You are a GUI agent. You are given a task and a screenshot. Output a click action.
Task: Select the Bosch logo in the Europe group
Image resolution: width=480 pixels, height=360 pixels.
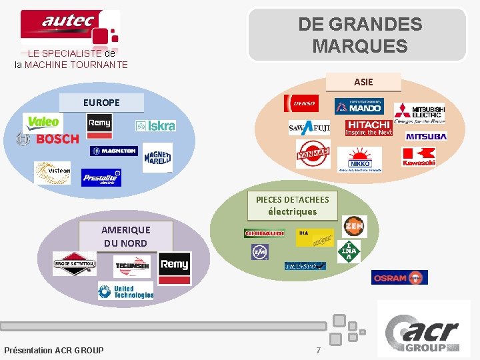click(x=48, y=139)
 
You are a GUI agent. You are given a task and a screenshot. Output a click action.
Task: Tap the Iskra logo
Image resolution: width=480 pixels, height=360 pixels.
click(x=155, y=125)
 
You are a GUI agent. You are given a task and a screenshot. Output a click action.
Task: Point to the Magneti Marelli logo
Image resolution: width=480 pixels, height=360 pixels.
click(x=157, y=157)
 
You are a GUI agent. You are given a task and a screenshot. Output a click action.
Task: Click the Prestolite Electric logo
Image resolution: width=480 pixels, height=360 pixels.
click(x=101, y=177)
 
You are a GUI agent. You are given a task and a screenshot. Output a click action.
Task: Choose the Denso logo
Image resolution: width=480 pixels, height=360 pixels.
click(x=301, y=103)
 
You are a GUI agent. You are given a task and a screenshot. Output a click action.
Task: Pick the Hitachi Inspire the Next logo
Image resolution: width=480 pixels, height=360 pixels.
click(x=368, y=128)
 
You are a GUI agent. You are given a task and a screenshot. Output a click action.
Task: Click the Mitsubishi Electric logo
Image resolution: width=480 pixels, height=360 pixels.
click(x=419, y=111)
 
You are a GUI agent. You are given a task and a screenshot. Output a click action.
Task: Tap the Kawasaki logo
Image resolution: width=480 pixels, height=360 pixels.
click(x=419, y=157)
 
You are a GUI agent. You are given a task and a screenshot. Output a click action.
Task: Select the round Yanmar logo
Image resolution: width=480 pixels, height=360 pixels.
click(x=313, y=154)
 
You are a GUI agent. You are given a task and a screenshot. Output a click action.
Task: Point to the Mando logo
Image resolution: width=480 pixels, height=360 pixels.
click(x=358, y=106)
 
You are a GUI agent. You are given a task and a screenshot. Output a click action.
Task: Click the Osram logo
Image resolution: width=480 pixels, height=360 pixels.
click(x=399, y=277)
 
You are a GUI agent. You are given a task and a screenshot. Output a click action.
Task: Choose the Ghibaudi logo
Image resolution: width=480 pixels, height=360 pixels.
click(x=265, y=233)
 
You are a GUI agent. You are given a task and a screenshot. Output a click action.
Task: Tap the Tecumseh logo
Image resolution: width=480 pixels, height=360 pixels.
click(x=132, y=266)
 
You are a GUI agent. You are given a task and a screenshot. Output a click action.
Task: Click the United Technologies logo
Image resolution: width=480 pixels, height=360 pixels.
click(x=125, y=291)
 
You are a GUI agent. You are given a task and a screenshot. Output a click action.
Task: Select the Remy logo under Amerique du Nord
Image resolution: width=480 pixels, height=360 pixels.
click(x=175, y=264)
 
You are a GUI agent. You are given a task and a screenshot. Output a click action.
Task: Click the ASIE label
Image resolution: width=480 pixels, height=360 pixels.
click(x=363, y=82)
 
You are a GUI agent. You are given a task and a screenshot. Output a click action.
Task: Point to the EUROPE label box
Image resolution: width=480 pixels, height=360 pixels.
click(x=101, y=103)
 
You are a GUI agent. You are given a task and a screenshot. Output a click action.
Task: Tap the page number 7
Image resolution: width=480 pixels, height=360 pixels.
click(x=318, y=350)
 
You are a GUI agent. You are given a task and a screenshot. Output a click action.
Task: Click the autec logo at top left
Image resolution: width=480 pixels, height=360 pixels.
click(x=69, y=27)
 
